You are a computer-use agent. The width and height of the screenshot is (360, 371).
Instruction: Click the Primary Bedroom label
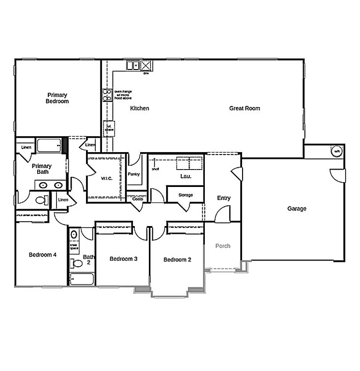click(57, 98)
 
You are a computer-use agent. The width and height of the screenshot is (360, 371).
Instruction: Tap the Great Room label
click(245, 108)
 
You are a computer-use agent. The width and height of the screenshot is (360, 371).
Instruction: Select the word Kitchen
click(140, 108)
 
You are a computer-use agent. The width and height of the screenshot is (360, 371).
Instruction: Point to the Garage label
click(297, 209)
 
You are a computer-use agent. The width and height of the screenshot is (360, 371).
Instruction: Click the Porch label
click(223, 246)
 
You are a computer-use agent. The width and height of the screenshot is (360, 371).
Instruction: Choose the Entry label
click(224, 198)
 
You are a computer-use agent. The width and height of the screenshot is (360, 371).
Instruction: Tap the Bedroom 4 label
click(43, 255)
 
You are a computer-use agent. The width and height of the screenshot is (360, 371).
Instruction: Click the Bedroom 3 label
click(124, 259)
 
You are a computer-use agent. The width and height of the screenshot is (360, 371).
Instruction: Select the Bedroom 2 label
click(177, 259)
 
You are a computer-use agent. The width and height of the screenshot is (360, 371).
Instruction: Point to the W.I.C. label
click(107, 178)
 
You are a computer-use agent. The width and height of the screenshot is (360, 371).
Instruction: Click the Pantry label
click(134, 174)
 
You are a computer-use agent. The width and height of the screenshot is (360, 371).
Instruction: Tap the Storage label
click(185, 195)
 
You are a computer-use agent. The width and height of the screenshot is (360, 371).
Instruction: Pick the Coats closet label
click(138, 199)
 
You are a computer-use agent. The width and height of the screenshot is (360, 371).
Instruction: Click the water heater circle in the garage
click(337, 151)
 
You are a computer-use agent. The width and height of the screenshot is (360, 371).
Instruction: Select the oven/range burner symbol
click(107, 95)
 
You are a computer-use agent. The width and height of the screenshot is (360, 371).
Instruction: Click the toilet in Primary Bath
click(41, 200)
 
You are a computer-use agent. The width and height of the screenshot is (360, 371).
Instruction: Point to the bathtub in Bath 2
click(82, 279)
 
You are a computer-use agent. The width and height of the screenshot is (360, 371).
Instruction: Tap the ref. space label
click(109, 128)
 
